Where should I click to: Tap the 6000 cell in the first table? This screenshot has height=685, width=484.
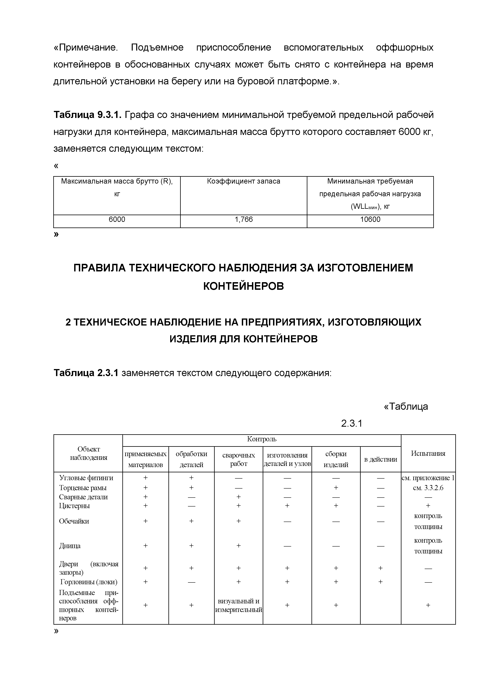(117, 220)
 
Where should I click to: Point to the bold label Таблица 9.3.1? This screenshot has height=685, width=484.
(88, 115)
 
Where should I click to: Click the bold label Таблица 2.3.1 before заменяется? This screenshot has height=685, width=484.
(86, 373)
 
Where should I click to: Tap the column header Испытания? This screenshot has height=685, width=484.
(428, 453)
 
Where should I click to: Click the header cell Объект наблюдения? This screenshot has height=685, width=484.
(89, 453)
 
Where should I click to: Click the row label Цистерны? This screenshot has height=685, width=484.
(75, 506)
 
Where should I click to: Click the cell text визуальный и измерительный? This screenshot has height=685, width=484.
(238, 605)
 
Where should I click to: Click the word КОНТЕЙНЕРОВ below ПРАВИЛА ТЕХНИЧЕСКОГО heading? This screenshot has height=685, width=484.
(243, 286)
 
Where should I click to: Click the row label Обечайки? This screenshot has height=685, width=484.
(74, 521)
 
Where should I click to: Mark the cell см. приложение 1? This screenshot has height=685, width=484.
(428, 478)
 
